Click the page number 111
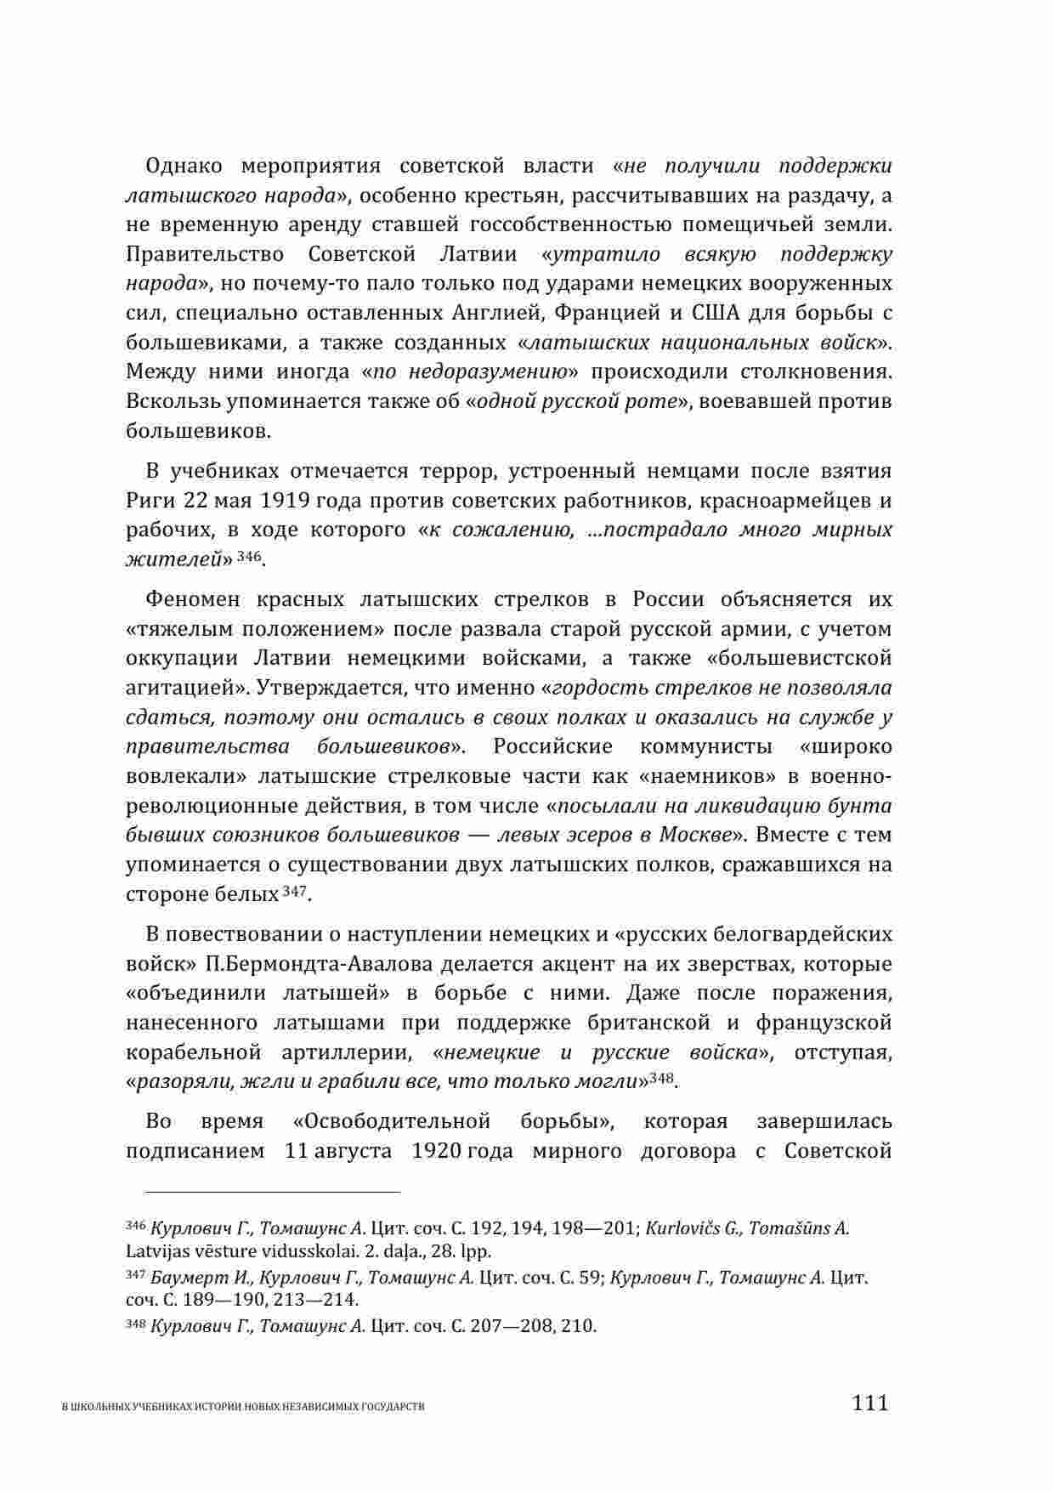click(x=870, y=1403)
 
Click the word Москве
click(x=693, y=835)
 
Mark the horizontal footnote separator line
click(x=263, y=1192)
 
